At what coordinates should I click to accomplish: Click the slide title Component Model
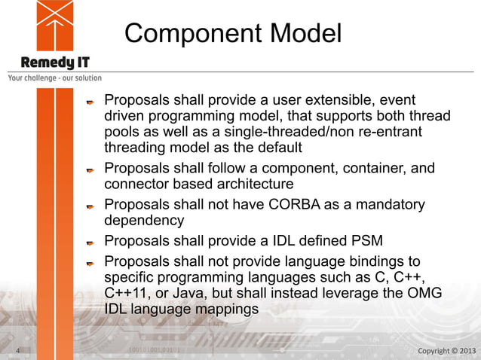pyautogui.click(x=233, y=33)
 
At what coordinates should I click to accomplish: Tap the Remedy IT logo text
pyautogui.click(x=55, y=62)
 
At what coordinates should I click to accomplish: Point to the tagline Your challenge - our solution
pyautogui.click(x=54, y=78)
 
